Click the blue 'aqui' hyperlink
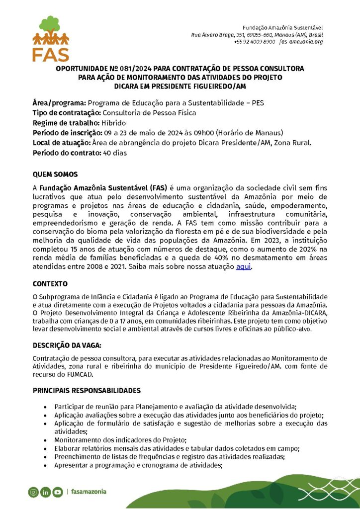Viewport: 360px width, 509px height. click(244, 267)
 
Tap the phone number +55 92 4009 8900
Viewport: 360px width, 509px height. click(255, 42)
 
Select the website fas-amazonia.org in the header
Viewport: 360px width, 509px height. click(301, 42)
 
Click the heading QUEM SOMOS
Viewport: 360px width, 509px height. click(55, 175)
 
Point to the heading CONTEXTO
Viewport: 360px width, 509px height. click(50, 284)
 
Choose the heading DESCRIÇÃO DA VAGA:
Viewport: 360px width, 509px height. click(67, 345)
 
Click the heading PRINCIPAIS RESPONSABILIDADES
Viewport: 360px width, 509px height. click(87, 391)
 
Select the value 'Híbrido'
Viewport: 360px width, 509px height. click(114, 123)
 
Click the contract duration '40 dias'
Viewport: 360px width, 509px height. click(115, 153)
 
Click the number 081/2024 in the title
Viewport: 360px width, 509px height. click(135, 69)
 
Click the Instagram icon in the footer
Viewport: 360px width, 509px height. click(33, 492)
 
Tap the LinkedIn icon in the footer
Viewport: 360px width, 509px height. click(46, 492)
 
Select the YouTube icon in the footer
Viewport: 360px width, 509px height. click(58, 492)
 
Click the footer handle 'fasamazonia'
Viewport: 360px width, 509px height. click(89, 492)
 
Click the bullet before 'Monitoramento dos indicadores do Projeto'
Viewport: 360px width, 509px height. click(46, 440)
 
